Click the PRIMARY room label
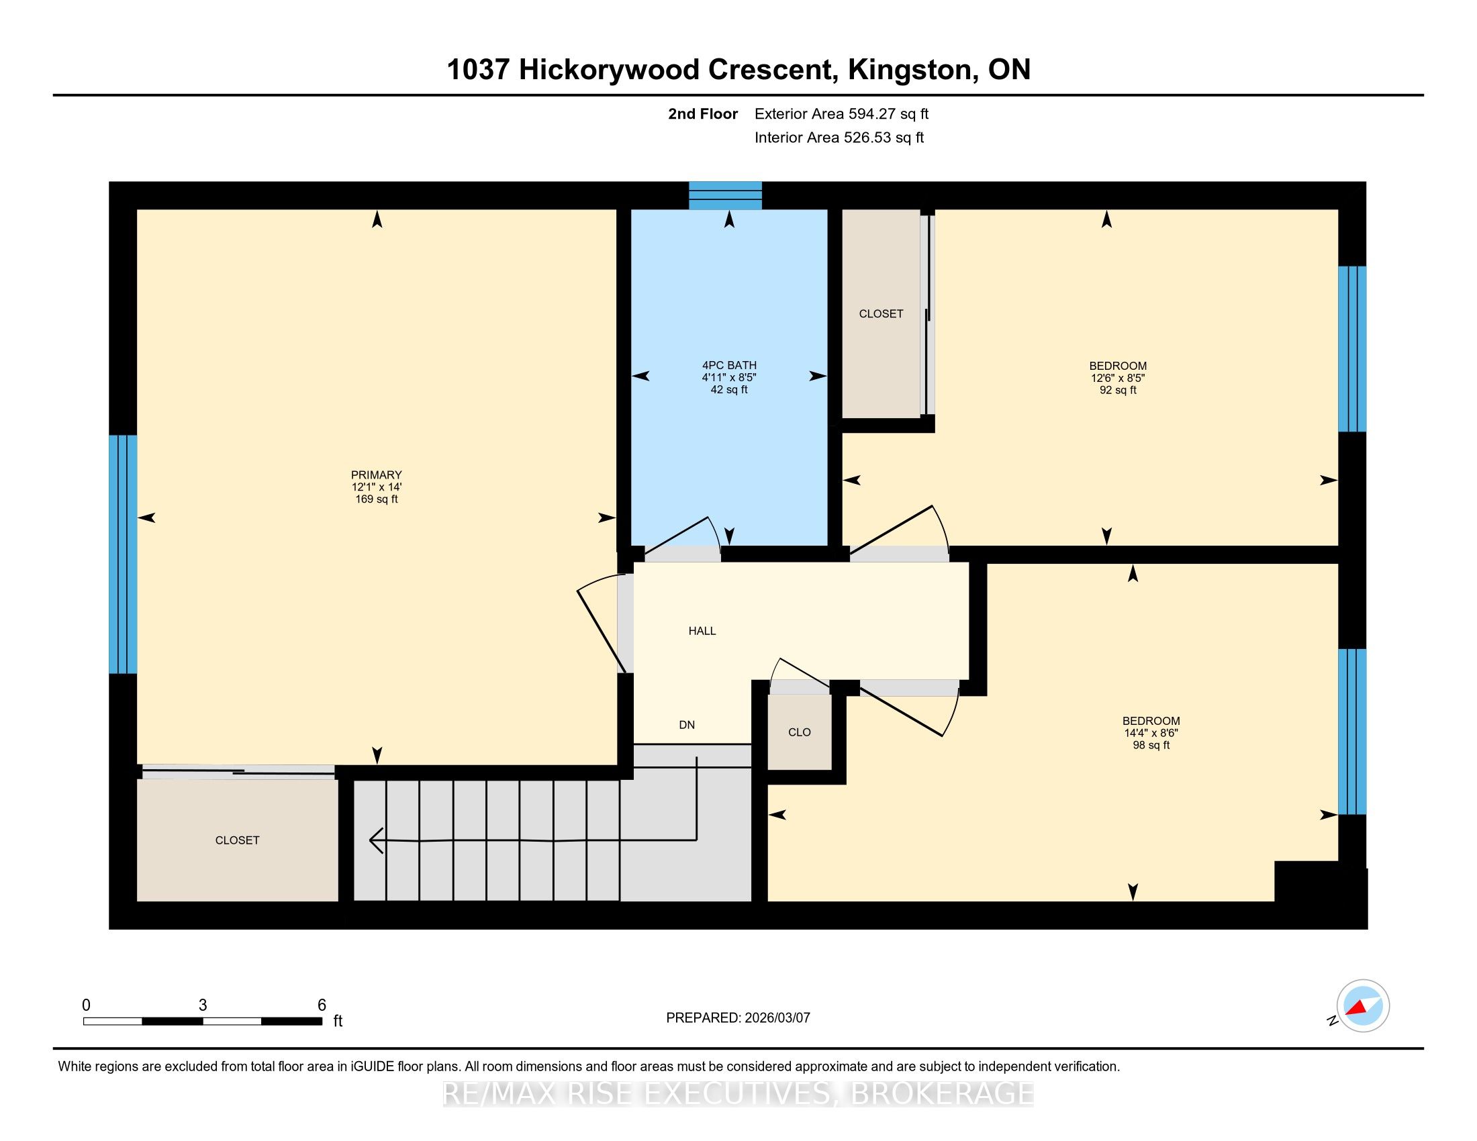(376, 475)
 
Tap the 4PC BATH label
(729, 365)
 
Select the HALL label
(702, 631)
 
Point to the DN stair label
(687, 725)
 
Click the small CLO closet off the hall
(800, 732)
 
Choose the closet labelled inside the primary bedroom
(238, 840)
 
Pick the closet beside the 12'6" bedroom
(882, 313)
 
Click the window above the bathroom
(725, 195)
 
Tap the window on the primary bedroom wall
(123, 554)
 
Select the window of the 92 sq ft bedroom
(1353, 349)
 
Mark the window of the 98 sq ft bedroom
(1353, 732)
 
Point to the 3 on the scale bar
(203, 1005)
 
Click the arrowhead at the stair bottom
(376, 840)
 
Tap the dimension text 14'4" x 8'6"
(1151, 733)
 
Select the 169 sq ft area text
(377, 499)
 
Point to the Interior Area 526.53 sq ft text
(839, 138)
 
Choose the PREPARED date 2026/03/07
(776, 1018)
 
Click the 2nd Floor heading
(703, 114)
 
